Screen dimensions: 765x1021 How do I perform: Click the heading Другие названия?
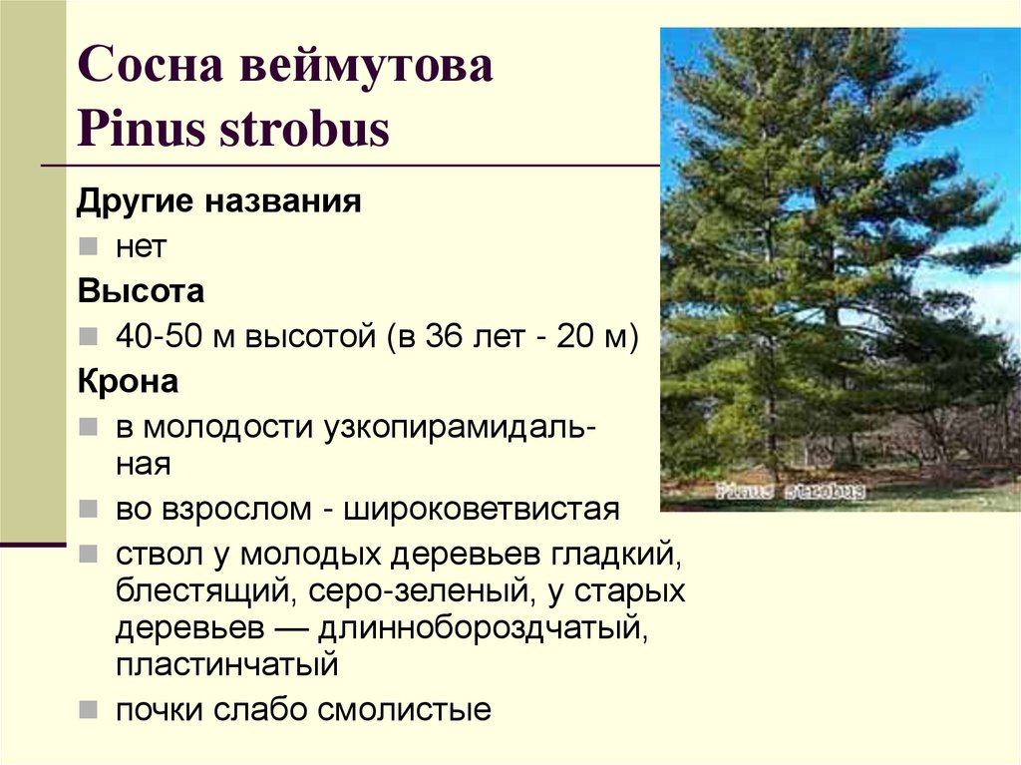pos(218,202)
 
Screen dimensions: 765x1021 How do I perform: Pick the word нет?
pos(141,246)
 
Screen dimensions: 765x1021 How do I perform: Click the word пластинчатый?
pos(227,664)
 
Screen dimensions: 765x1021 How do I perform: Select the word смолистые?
pos(404,709)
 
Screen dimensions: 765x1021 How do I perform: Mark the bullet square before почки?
pos(89,709)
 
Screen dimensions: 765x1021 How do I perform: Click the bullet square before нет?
pos(89,246)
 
